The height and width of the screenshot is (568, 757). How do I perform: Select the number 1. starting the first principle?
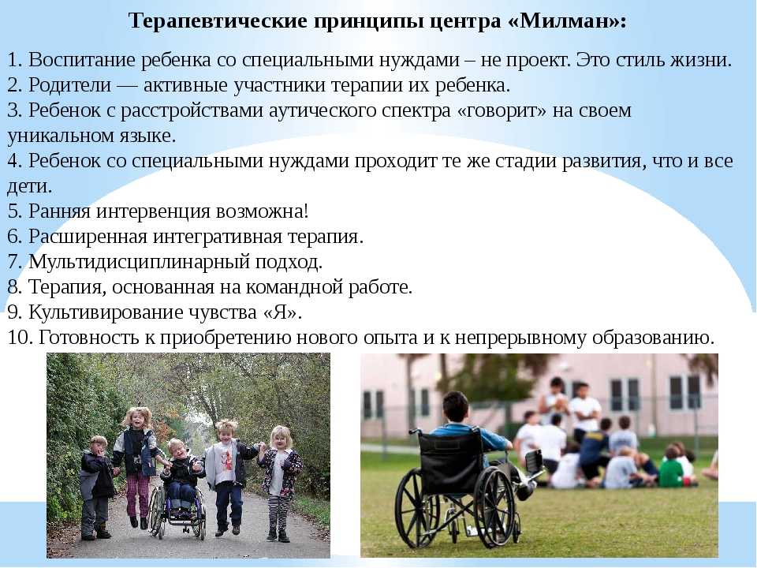click(x=15, y=60)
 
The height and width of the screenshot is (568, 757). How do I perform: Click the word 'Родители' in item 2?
click(x=70, y=85)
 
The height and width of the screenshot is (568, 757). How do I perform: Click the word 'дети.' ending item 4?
click(x=29, y=186)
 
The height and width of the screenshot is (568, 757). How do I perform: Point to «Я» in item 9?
click(x=280, y=312)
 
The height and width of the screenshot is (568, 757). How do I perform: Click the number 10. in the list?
click(x=20, y=338)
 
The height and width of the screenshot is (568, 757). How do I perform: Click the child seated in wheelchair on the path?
click(x=181, y=476)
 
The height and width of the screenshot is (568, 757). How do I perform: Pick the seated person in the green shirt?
click(x=672, y=469)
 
